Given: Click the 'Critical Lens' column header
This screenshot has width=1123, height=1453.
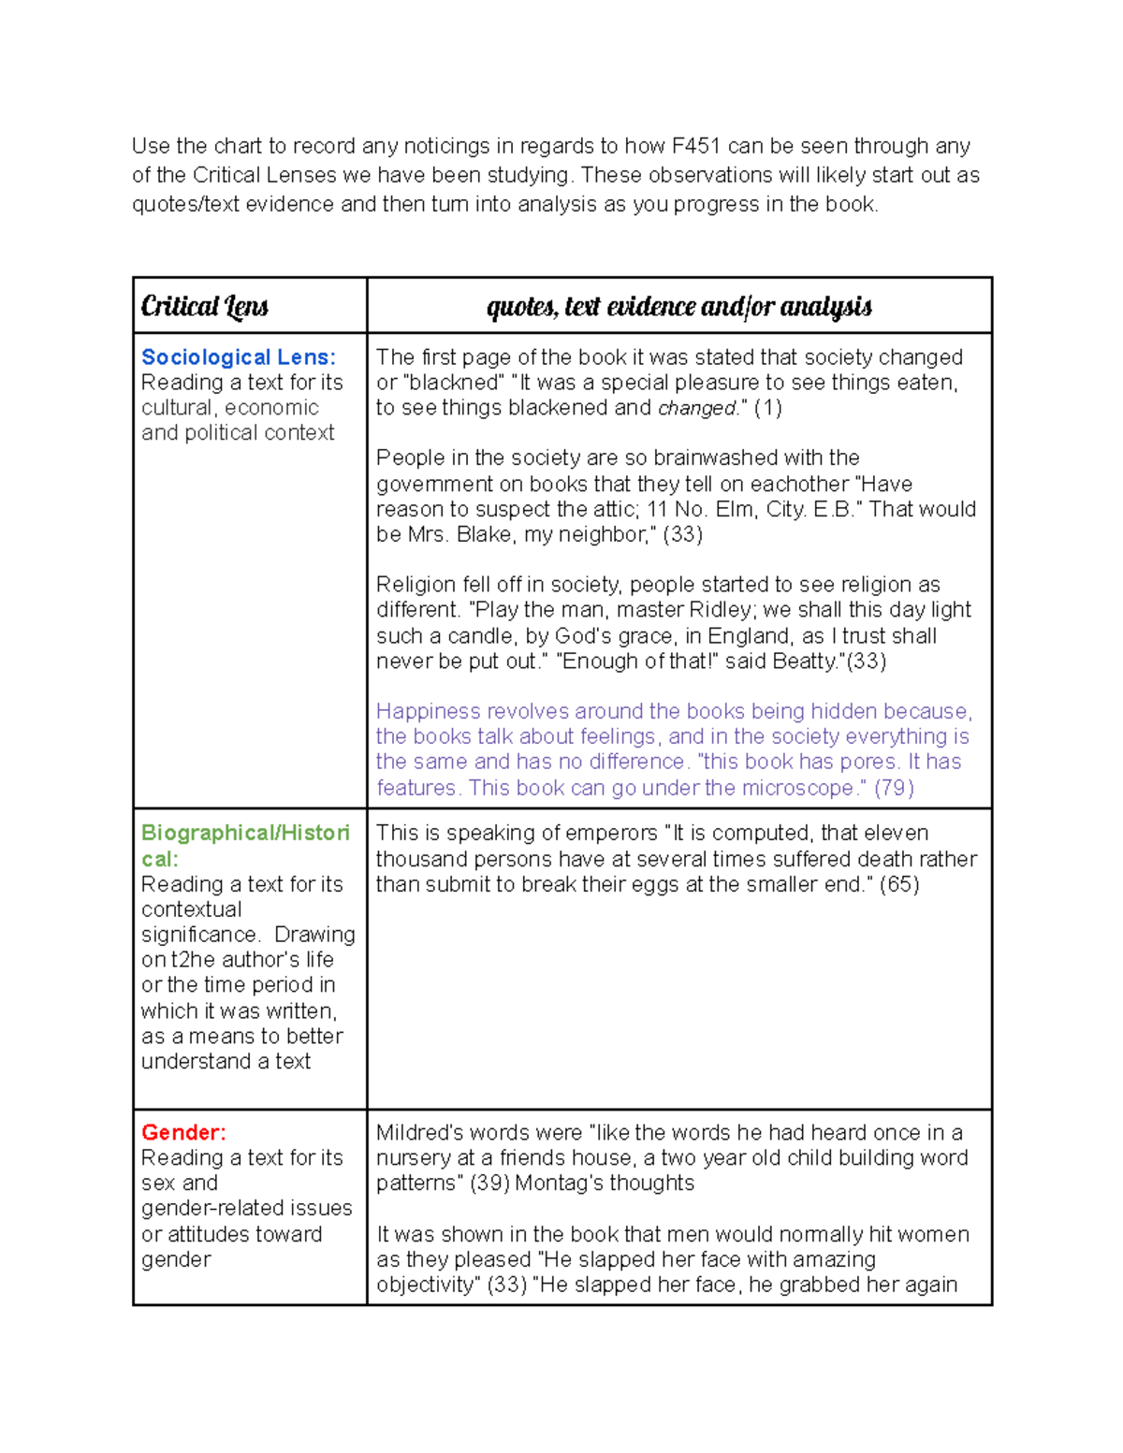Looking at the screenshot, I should pos(204,306).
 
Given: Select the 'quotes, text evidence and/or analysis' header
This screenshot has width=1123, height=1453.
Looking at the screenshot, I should pos(678,306).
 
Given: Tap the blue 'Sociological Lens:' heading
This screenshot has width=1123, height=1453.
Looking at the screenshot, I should pos(238,357).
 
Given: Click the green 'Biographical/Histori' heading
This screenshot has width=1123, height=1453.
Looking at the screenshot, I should pos(245,833).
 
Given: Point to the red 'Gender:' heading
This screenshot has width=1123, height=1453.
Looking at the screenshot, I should pos(183,1132).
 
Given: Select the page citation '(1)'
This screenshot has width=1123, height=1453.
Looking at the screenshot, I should pos(768,408).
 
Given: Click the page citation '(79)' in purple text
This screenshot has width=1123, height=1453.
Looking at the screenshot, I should pos(894,788).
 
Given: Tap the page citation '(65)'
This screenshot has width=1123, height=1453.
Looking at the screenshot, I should pos(899,884).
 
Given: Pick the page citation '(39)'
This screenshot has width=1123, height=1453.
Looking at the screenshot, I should pos(489,1183).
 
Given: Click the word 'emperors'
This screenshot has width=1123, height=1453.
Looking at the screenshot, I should pos(611,833).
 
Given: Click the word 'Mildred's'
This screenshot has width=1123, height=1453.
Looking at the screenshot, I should pos(418,1132).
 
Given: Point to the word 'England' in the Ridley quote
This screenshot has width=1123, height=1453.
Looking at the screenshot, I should pos(747,636).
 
